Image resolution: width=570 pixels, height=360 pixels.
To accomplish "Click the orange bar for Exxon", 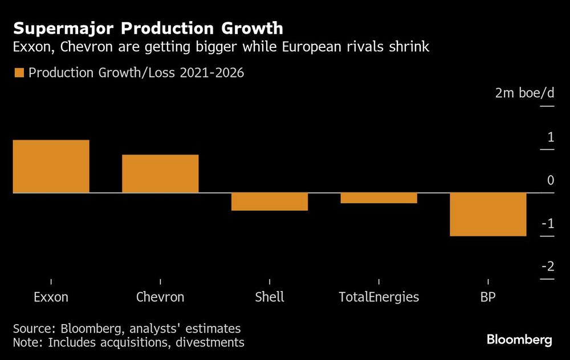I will [51, 166].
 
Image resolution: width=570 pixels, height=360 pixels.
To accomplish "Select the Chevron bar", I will [160, 174].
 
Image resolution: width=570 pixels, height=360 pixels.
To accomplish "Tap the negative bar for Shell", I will [270, 202].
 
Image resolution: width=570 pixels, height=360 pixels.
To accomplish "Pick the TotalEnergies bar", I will [378, 198].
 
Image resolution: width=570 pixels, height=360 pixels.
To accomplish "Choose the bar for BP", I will [488, 215].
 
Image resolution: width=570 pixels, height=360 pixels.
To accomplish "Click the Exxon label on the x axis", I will [51, 297].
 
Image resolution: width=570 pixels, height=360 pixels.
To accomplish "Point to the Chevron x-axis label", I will [160, 297].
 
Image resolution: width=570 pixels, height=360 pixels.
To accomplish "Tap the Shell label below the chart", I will [270, 297].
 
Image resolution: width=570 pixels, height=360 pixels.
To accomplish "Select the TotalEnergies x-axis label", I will [378, 297].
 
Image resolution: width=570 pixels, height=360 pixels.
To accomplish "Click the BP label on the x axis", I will [488, 297].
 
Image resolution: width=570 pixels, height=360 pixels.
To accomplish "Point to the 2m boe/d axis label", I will [524, 93].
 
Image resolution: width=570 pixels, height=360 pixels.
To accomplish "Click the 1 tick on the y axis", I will [550, 137].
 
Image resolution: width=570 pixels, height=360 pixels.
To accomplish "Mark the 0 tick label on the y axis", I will [550, 181].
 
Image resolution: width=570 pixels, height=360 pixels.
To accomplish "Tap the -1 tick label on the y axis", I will [548, 224].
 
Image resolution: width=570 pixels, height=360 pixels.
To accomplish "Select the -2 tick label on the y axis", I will [548, 267].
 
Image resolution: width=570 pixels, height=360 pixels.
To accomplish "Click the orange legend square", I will [19, 73].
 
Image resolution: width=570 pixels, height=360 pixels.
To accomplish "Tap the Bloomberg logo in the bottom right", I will [519, 340].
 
